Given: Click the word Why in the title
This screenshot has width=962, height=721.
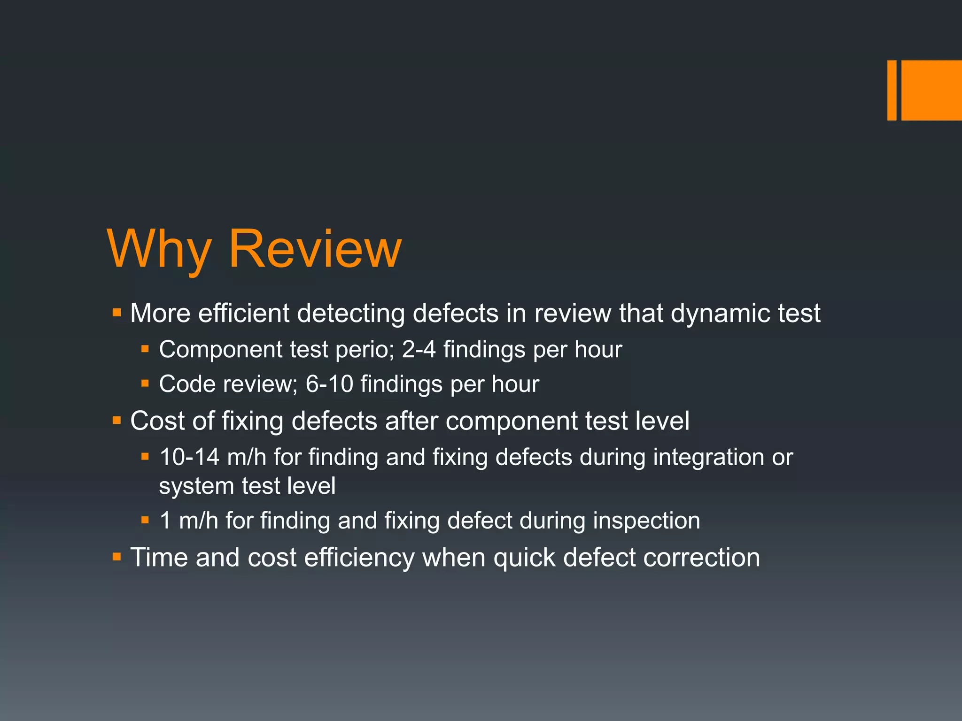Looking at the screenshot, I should [159, 249].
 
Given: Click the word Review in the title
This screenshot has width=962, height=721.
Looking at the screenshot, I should [315, 248].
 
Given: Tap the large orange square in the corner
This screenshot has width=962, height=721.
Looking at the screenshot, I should [931, 90].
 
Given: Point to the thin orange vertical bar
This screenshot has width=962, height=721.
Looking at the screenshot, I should [892, 90].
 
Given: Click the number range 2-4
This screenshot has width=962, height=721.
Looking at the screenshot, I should [419, 350].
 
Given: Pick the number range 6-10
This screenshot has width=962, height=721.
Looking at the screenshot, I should [329, 384].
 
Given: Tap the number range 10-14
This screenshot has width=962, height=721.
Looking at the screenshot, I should [189, 457].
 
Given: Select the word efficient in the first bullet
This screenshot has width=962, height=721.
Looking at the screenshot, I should [243, 314].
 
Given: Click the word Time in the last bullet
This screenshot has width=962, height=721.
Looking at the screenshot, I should [159, 558].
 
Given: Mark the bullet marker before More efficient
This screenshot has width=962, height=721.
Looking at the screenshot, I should [117, 312].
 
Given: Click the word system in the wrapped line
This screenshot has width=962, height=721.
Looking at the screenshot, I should [196, 486].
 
